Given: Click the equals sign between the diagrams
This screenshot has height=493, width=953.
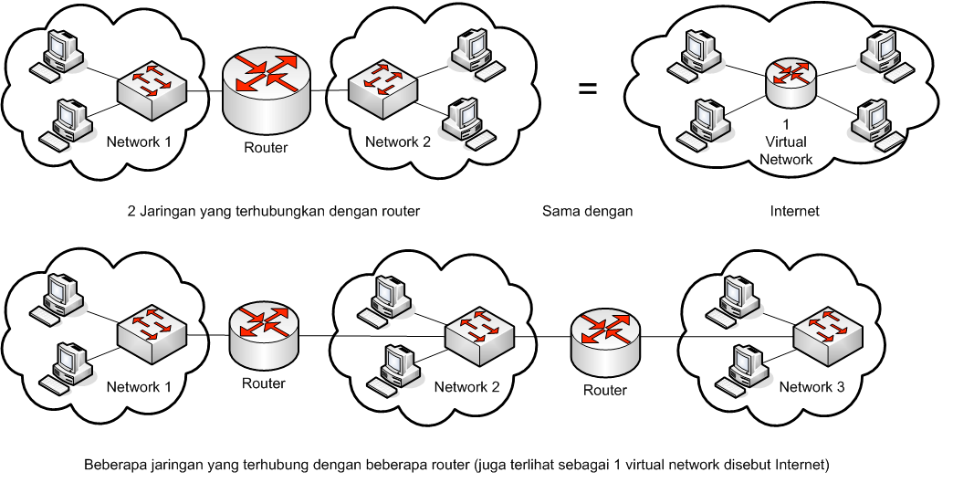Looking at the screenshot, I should tap(588, 89).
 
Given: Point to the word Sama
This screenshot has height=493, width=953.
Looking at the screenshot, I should tap(560, 211).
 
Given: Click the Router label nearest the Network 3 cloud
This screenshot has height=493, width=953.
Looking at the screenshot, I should tap(605, 390).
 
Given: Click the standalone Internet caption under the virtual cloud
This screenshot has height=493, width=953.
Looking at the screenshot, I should tap(794, 211).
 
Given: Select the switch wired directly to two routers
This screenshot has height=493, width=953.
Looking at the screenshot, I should tap(480, 336).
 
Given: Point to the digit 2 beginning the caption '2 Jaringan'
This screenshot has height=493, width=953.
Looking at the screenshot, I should tap(131, 211).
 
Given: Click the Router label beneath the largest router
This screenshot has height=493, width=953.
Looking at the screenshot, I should tap(266, 147).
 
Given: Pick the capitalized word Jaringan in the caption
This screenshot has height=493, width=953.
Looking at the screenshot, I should tap(166, 211).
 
